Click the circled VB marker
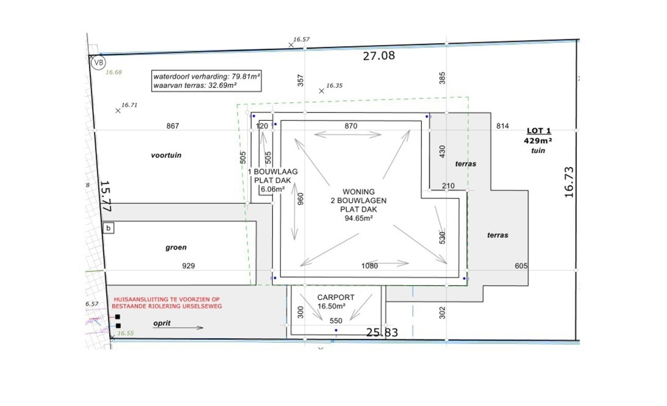[98, 63]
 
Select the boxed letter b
[108, 228]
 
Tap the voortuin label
[166, 155]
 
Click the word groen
[176, 247]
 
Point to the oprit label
[162, 323]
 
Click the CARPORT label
[336, 297]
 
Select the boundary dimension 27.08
[379, 56]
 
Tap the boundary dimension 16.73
[569, 182]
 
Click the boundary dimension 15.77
[106, 196]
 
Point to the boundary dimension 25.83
[382, 333]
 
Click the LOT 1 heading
[539, 131]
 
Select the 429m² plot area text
[538, 141]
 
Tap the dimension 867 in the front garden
[172, 126]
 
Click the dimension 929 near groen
[189, 265]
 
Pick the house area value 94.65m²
[359, 218]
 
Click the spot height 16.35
[335, 86]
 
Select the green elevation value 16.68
[114, 72]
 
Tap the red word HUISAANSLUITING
[140, 299]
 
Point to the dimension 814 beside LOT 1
[503, 126]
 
